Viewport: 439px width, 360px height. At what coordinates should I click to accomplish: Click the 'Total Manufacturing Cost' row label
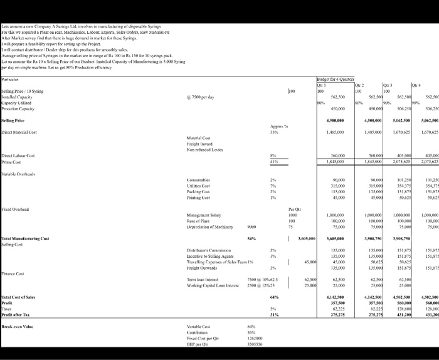[26, 240]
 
